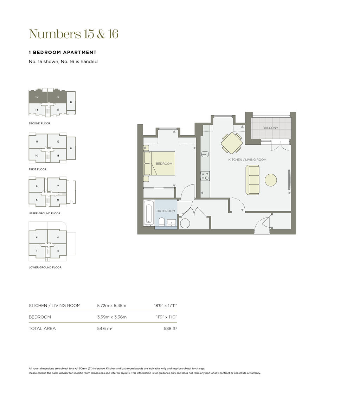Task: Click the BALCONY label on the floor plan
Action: point(270,128)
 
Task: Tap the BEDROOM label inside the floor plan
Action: point(164,164)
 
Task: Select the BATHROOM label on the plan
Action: point(166,211)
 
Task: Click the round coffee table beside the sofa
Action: point(271,180)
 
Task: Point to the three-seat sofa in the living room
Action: point(252,180)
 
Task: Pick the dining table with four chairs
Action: point(232,143)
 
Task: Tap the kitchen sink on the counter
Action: point(205,155)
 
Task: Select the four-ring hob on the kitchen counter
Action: point(205,176)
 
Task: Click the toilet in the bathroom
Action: point(162,222)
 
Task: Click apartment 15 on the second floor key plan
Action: point(37,97)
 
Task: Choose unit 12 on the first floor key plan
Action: point(58,142)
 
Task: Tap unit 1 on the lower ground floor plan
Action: point(37,251)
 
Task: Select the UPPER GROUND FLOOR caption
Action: point(45,213)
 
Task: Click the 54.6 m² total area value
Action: point(105,329)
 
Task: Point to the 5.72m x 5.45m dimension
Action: point(111,306)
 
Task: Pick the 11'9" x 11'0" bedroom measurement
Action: point(167,317)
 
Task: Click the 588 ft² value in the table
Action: point(171,329)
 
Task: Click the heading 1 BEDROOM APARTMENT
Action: point(63,52)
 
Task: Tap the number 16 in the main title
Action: point(113,34)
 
